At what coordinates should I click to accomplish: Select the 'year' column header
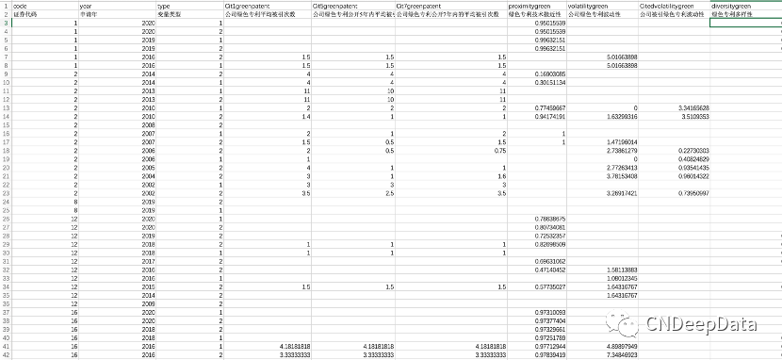click(86, 7)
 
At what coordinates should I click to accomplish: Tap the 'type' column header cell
click(164, 7)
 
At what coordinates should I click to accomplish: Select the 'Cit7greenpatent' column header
click(419, 7)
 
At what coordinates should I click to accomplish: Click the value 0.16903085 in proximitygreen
click(549, 74)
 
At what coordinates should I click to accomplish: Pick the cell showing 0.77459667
click(549, 108)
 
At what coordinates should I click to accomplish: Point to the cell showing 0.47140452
click(549, 270)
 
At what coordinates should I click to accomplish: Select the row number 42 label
click(5, 355)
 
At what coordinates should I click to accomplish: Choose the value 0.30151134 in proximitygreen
click(549, 82)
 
